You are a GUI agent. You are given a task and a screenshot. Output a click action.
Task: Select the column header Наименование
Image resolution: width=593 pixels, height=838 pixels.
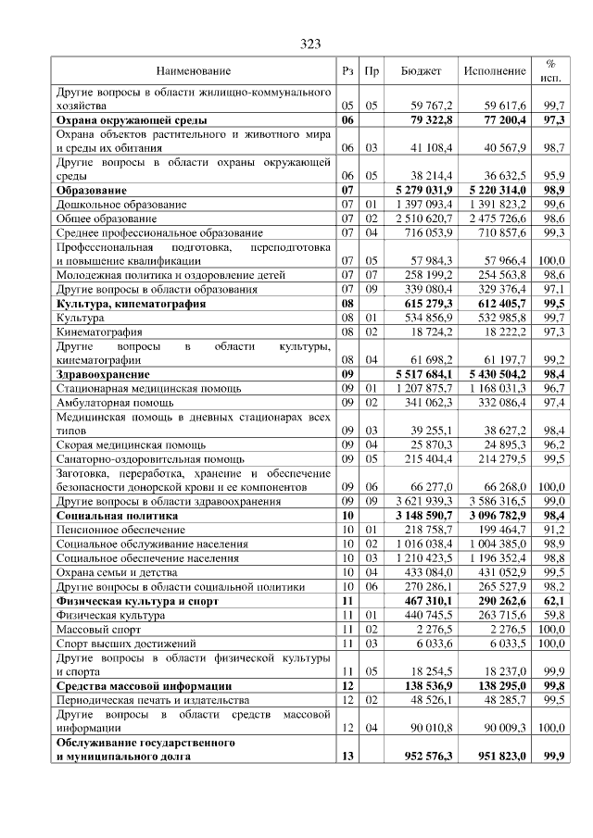pyautogui.click(x=193, y=70)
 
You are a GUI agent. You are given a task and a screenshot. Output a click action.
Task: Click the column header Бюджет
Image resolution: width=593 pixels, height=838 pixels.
pyautogui.click(x=421, y=70)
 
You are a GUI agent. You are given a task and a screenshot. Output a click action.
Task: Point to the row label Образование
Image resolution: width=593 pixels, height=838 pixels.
pyautogui.click(x=92, y=188)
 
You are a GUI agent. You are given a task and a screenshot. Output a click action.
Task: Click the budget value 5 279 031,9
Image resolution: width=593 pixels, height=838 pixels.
pyautogui.click(x=419, y=188)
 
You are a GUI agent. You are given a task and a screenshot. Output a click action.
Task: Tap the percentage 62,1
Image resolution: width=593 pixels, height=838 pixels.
pyautogui.click(x=554, y=600)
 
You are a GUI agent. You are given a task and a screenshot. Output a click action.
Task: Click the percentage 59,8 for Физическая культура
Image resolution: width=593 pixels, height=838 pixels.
pyautogui.click(x=554, y=614)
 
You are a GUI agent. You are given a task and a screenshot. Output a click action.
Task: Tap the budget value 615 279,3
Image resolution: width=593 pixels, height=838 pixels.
pyautogui.click(x=424, y=303)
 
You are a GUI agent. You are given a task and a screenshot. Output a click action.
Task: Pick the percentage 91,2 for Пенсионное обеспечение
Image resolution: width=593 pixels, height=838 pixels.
pyautogui.click(x=554, y=530)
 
